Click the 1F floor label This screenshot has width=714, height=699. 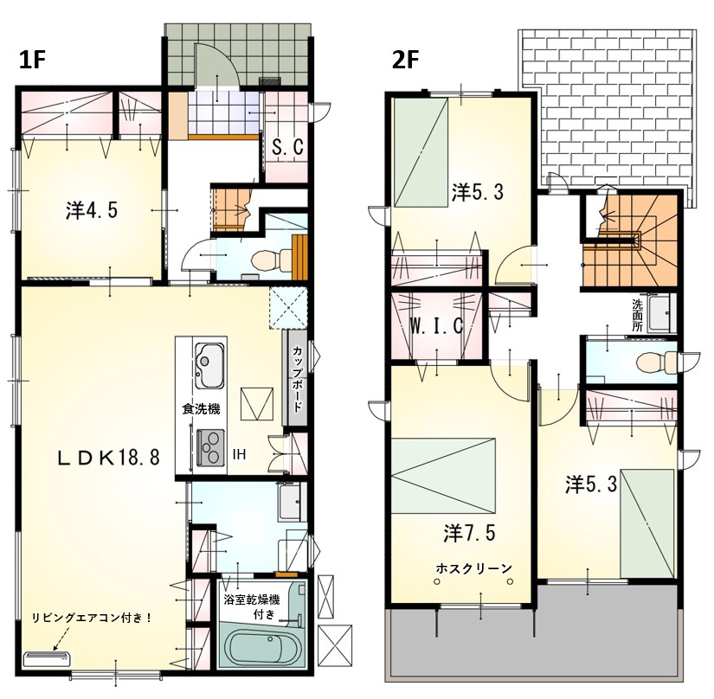33,60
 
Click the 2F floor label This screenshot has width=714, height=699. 406,60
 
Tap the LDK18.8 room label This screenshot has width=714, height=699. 108,458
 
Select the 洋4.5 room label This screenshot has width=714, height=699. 92,210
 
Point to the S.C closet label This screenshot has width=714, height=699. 287,147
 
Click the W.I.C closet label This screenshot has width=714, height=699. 437,325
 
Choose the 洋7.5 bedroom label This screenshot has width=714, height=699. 469,533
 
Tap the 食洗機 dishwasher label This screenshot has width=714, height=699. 201,409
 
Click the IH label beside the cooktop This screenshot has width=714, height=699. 239,453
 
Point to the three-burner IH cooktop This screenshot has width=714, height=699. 211,448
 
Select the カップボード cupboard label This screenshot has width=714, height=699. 297,379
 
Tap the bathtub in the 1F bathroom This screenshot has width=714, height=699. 256,647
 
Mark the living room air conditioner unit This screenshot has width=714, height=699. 47,657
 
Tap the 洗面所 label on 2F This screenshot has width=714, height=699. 638,315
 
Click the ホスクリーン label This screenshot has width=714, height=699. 473,568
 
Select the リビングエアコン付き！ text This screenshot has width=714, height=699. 92,618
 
